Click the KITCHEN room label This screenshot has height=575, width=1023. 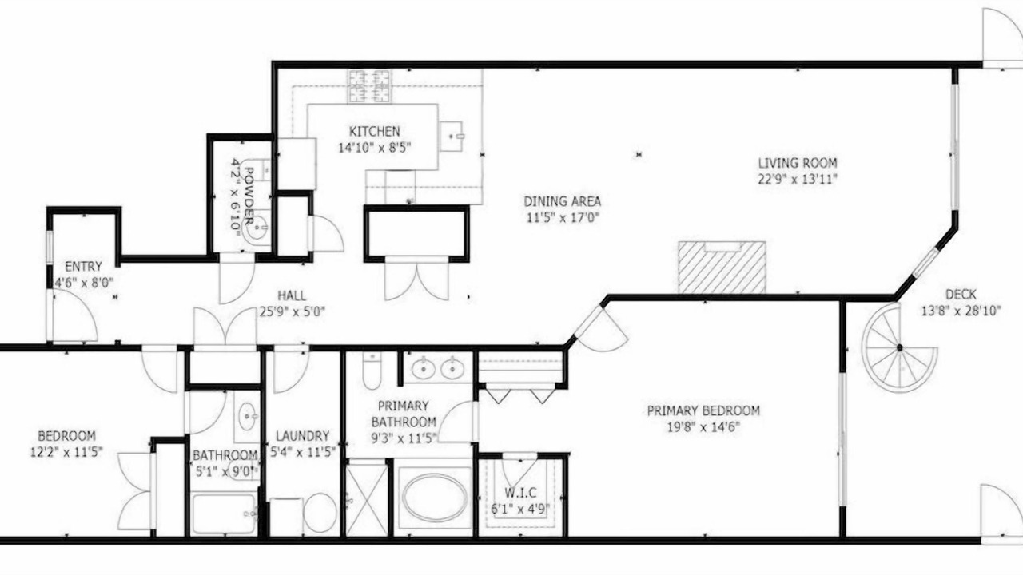click(x=375, y=132)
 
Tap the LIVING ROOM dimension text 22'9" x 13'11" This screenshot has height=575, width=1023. click(x=798, y=179)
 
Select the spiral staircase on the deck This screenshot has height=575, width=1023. click(x=899, y=347)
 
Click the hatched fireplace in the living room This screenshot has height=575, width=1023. click(x=722, y=268)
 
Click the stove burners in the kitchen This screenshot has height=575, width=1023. click(x=369, y=86)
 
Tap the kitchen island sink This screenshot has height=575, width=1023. click(x=452, y=136)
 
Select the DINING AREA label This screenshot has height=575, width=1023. click(x=562, y=201)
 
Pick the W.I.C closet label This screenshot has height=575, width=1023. click(x=520, y=493)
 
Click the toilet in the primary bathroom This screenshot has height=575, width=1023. click(x=372, y=370)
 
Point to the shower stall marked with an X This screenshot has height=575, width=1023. click(x=367, y=500)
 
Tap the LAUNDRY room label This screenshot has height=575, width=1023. click(x=302, y=436)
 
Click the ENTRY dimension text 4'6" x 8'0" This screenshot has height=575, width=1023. click(x=84, y=283)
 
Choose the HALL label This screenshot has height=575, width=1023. click(x=292, y=295)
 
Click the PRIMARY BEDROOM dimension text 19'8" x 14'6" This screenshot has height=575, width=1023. click(x=703, y=427)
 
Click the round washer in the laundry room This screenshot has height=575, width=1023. click(x=320, y=513)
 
